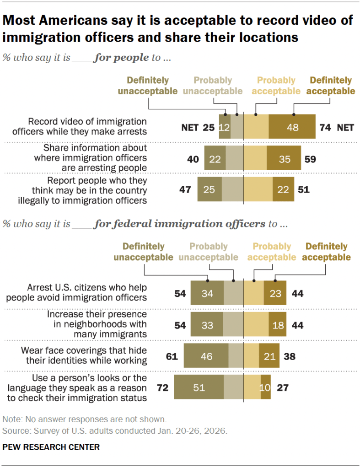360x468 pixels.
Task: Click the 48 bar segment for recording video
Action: point(292,127)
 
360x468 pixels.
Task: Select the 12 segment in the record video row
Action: point(224,127)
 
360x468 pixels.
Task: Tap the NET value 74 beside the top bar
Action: point(325,127)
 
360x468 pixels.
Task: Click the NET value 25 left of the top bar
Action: point(208,127)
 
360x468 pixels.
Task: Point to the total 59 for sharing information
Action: point(310,159)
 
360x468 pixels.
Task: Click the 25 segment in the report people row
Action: point(209,189)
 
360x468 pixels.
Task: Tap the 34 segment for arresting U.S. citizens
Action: point(207,293)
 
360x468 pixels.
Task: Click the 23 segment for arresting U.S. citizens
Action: point(275,293)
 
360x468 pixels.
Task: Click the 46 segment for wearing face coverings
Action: point(206,356)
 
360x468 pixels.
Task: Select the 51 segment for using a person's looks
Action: point(199,388)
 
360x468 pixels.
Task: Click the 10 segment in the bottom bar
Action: point(265,388)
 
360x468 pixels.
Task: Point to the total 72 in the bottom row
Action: point(163,388)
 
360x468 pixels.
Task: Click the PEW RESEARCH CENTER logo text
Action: point(51,447)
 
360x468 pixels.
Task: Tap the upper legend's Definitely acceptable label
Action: point(330,86)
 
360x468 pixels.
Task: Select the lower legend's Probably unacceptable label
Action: point(208,252)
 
